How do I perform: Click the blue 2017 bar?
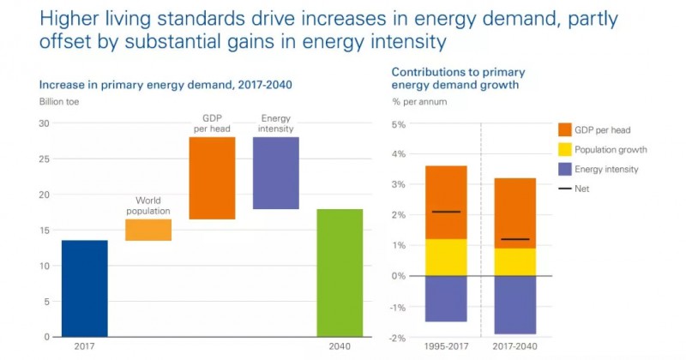coord(85,289)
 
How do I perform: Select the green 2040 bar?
coord(340,273)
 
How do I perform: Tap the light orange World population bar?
coord(148,230)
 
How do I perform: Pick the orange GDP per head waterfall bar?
coord(212,178)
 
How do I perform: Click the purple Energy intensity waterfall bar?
coord(275,173)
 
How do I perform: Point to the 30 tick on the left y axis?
coord(45,123)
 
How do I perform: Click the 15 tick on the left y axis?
coord(45,231)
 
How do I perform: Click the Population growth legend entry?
coord(613,150)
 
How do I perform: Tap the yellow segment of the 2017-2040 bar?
coord(514,261)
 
